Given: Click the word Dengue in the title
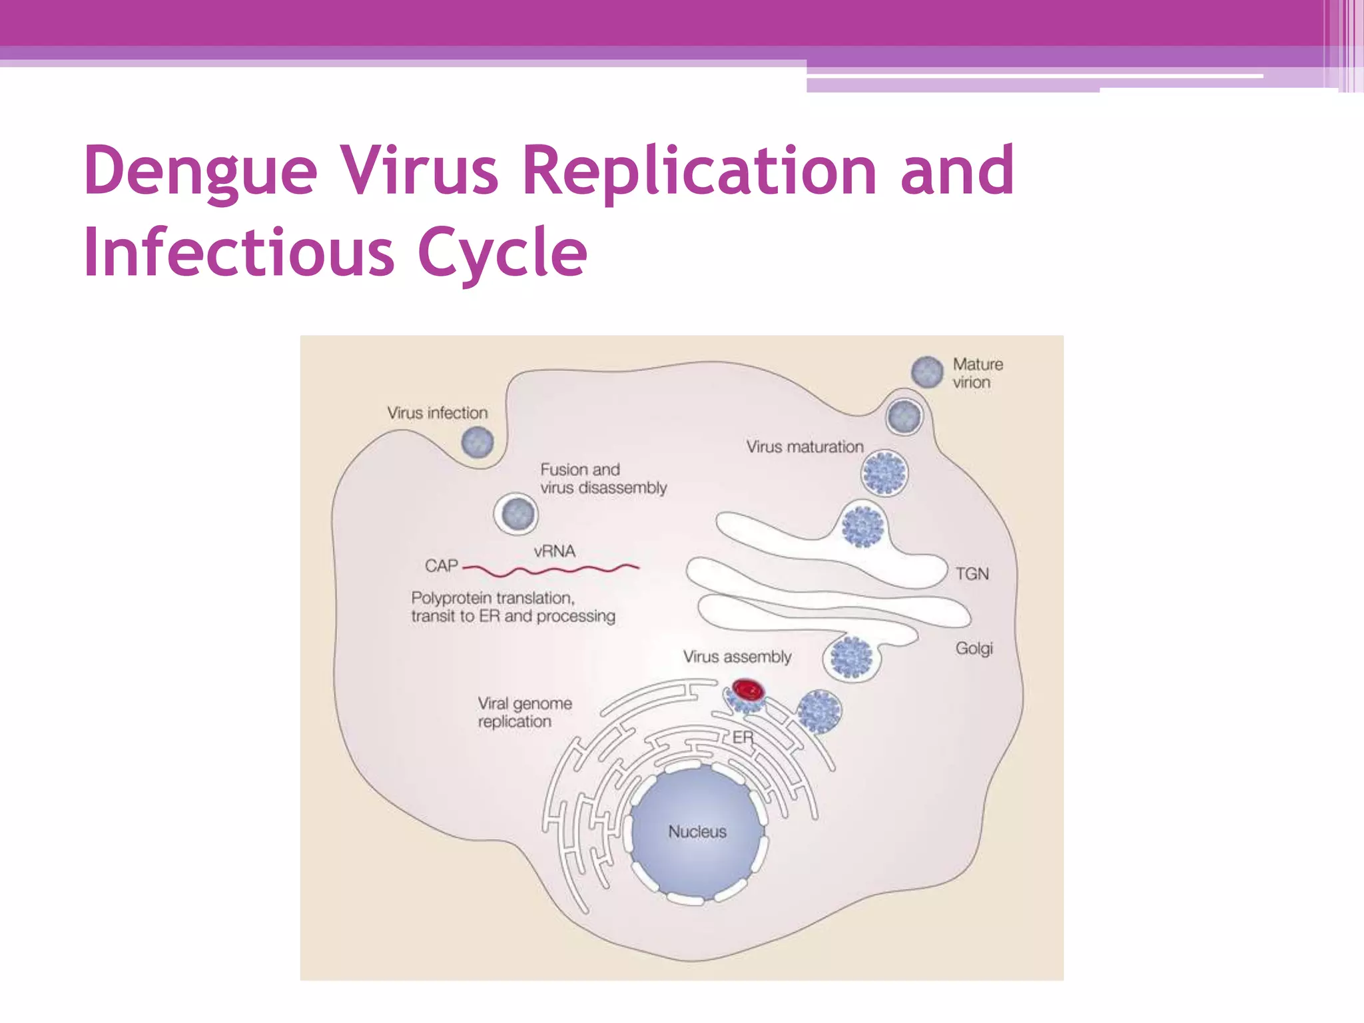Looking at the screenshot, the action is [200, 171].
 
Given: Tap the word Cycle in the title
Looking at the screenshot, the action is [502, 253].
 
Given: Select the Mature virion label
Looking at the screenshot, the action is [976, 373].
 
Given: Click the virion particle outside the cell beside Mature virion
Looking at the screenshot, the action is [926, 371].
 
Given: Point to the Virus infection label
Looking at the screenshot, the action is [437, 413].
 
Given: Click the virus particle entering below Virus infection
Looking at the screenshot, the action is [477, 442].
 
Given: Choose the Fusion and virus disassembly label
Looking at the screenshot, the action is [602, 479].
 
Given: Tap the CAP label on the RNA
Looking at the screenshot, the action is [441, 566].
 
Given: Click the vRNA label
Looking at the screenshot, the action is [554, 551].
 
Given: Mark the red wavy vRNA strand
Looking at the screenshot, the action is [553, 570].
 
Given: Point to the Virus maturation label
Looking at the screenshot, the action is [804, 447].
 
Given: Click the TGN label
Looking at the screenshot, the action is [972, 574].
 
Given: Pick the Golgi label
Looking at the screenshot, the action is [974, 649].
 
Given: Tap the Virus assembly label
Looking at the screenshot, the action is [737, 657].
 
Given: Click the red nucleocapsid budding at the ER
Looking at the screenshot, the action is [747, 689].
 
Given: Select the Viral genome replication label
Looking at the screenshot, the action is [524, 713].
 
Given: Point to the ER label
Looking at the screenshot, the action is [743, 737].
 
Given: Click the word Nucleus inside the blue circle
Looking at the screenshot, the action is [697, 832].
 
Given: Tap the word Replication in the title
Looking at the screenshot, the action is [699, 171].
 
